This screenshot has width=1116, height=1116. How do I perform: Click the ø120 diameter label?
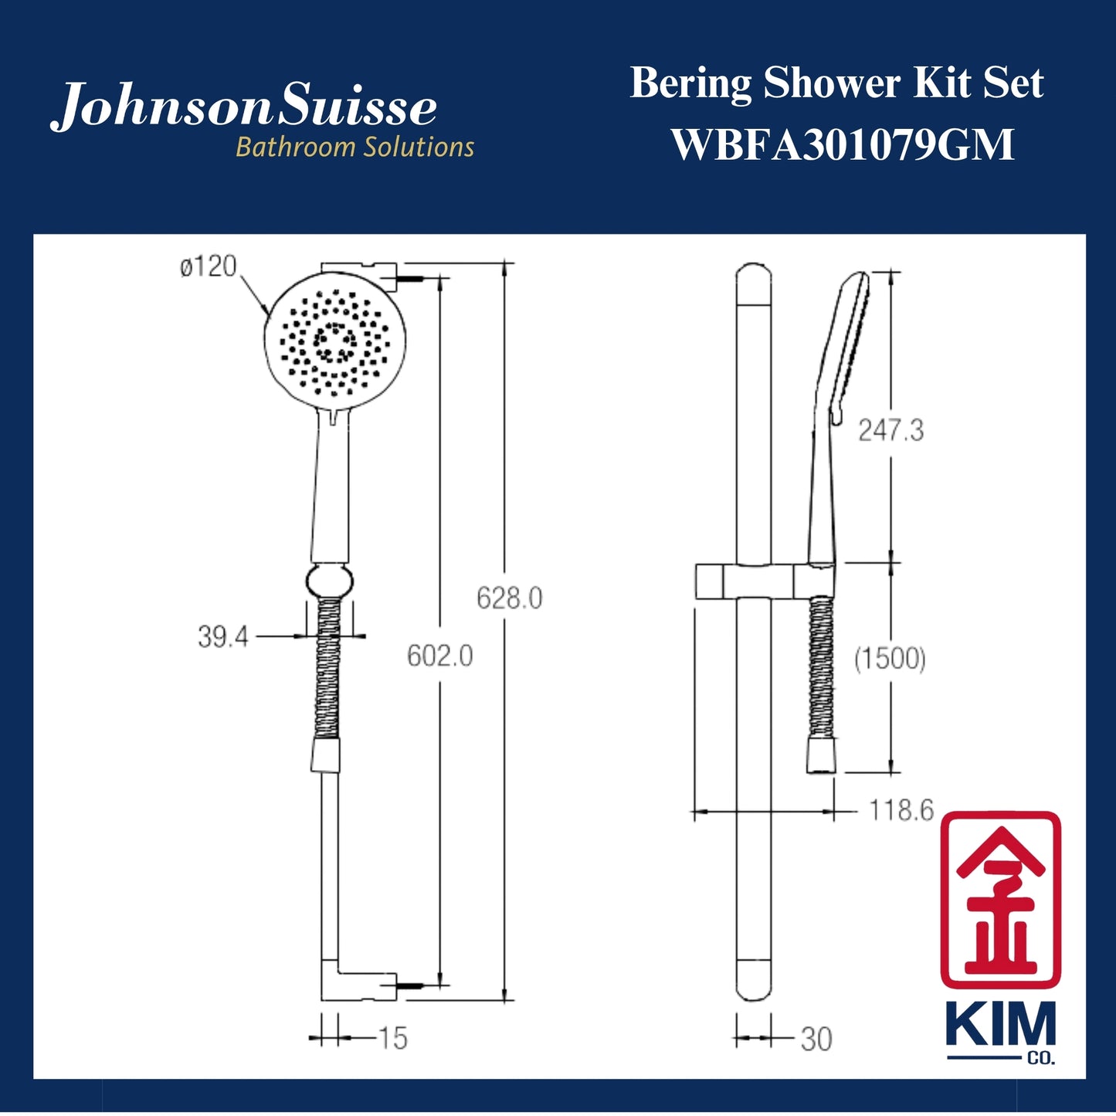[209, 267]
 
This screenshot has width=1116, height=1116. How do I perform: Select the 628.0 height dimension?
[509, 599]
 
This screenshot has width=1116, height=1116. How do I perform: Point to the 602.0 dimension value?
[439, 656]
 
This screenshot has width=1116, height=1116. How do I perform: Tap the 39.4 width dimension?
[222, 637]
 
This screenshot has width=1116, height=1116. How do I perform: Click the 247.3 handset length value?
[890, 430]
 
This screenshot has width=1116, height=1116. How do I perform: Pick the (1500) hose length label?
[890, 659]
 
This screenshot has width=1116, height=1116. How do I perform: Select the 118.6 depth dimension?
[901, 811]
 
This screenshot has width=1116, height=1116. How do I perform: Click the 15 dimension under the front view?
[392, 1039]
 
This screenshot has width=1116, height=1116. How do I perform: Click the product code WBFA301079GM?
[842, 144]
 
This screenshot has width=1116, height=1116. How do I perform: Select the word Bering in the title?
[690, 83]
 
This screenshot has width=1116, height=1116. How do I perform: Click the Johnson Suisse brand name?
[244, 107]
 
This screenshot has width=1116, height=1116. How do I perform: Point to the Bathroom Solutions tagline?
[354, 147]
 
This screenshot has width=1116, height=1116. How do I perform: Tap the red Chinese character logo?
[1000, 900]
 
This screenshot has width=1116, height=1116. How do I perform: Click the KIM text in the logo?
[1000, 1026]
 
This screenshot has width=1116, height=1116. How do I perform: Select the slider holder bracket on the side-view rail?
[746, 582]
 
